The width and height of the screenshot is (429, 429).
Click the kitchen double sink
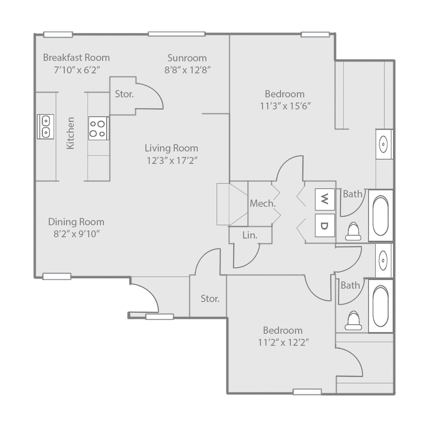45,127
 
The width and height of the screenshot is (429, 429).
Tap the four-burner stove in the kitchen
98,128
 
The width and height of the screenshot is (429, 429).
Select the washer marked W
325,199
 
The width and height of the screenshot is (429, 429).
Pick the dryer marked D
325,225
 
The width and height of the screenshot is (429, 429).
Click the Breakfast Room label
76,57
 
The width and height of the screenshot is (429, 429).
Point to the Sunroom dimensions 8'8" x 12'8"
187,69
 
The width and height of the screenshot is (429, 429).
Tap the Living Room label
171,148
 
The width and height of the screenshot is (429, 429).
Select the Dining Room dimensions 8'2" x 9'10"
76,233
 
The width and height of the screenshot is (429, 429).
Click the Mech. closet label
263,204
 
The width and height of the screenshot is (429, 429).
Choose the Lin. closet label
250,235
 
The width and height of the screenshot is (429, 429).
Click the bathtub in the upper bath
380,215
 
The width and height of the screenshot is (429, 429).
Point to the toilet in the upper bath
353,231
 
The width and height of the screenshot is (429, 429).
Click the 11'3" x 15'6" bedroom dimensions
285,106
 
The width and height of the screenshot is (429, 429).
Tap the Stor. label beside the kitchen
124,94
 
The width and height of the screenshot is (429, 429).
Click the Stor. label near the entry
210,299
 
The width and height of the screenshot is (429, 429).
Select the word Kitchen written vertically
71,133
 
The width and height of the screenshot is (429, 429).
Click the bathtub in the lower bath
380,305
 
